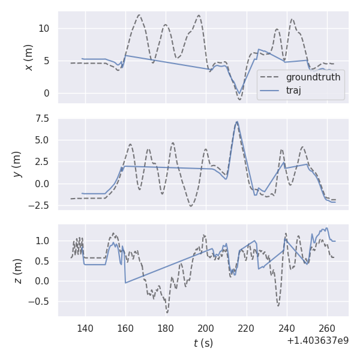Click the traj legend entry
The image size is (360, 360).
(293, 91)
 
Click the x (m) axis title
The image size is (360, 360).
(28, 57)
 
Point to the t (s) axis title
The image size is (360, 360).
(203, 343)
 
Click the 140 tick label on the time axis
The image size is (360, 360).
(85, 328)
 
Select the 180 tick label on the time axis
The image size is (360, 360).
(166, 328)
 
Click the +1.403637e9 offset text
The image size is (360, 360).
(317, 341)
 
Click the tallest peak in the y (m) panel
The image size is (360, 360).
(237, 122)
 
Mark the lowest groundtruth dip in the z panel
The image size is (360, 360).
(167, 313)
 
